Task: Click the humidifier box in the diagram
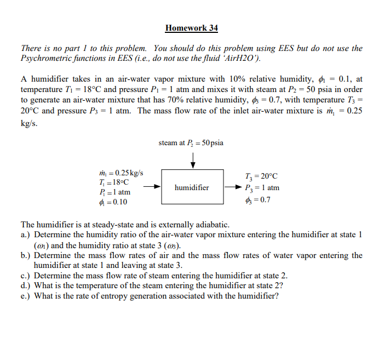tap(192, 187)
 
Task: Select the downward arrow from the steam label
tap(192, 159)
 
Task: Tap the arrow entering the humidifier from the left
tap(153, 187)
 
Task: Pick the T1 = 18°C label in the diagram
tap(112, 182)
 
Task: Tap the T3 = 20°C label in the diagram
tap(262, 176)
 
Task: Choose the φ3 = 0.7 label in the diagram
tap(259, 199)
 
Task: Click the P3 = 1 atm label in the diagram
tap(263, 188)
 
